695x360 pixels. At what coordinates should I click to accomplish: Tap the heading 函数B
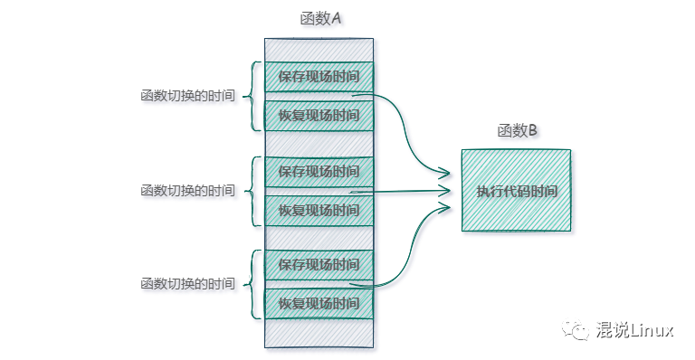point(517,130)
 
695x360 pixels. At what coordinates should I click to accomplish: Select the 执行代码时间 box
point(517,191)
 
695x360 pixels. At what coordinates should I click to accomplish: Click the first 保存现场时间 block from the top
point(319,77)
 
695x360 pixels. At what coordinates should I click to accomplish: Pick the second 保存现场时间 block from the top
point(319,171)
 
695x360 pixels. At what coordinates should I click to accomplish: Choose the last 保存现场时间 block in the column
point(319,264)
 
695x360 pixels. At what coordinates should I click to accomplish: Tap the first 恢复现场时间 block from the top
point(319,115)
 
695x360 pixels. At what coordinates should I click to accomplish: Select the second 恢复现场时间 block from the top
point(319,210)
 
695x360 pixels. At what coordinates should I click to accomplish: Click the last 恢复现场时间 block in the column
point(319,303)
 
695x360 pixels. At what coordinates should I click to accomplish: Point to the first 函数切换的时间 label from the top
point(187,96)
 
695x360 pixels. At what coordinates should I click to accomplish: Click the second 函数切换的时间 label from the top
point(187,191)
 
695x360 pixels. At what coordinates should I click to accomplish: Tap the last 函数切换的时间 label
point(187,284)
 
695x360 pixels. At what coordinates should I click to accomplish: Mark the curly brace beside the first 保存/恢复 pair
point(252,96)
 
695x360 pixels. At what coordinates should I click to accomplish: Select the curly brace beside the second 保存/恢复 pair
point(252,191)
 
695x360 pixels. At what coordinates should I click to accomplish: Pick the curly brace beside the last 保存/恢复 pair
point(252,284)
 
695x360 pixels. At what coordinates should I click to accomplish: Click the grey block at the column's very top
point(319,49)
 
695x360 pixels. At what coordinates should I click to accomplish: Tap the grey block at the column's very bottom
point(319,333)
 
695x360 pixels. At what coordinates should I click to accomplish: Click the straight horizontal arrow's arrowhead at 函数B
point(447,191)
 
